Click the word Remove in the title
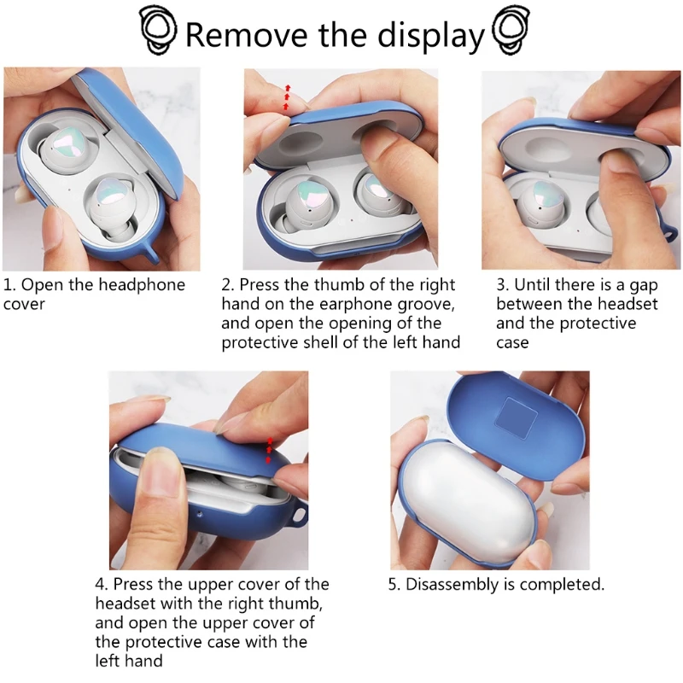click(246, 34)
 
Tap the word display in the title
click(431, 36)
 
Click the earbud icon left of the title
click(159, 30)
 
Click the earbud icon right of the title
click(511, 30)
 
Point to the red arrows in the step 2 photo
click(287, 97)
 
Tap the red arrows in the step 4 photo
click(269, 451)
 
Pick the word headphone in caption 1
click(142, 285)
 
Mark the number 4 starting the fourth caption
click(100, 585)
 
